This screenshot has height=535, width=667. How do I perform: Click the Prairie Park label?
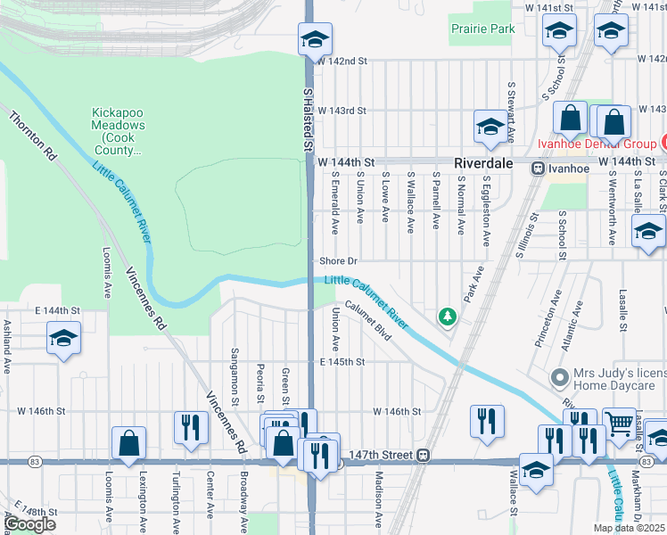point(482,29)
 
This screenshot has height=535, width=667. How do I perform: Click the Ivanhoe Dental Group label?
point(596,144)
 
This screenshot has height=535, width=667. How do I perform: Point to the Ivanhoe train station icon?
point(539,169)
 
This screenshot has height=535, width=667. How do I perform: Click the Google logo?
point(29,523)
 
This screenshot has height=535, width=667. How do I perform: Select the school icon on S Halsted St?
point(314,40)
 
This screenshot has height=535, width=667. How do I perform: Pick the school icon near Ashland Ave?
point(63,340)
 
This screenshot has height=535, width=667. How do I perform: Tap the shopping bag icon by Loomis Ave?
point(129,442)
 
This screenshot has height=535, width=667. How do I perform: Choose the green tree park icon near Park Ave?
point(447,316)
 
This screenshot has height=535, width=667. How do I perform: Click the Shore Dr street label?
point(339,261)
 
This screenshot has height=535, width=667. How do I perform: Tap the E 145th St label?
point(343,362)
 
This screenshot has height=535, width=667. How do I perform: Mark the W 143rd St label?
point(342,111)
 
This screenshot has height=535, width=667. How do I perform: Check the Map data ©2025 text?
point(630,528)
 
